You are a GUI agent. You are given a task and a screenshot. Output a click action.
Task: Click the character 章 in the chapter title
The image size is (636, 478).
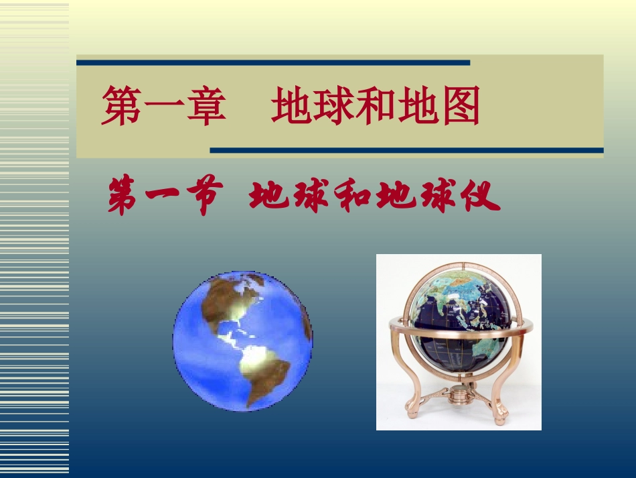coord(204,108)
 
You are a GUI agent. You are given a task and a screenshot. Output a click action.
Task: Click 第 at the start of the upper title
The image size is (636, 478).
coord(121,108)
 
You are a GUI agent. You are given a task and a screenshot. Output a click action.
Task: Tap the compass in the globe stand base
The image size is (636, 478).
coord(459,394)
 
